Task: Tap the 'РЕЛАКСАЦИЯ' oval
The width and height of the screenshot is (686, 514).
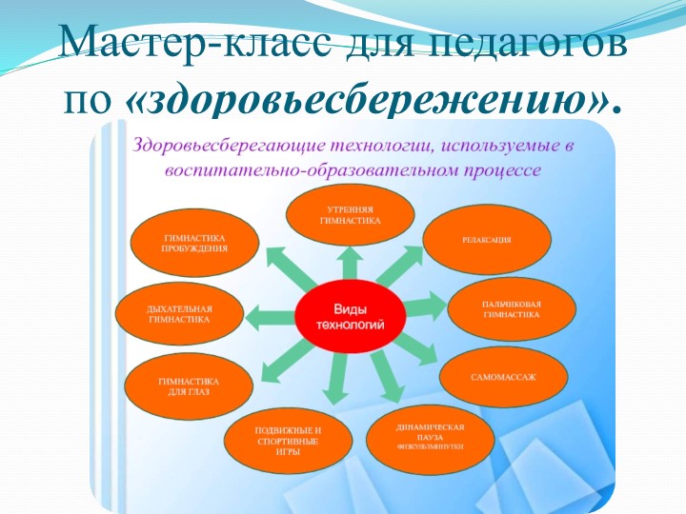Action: [x=486, y=240]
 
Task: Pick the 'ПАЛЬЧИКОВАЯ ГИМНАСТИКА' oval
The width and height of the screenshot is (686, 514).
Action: [x=512, y=307]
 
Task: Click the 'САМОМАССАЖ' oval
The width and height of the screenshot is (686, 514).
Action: [x=503, y=378]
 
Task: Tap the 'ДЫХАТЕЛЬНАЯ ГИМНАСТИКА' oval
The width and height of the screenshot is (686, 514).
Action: [x=179, y=315]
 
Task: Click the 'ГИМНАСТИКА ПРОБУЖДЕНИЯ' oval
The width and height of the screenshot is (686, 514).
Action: [x=194, y=242]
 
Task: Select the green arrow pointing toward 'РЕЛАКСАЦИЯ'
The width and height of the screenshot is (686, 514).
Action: [x=408, y=270]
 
